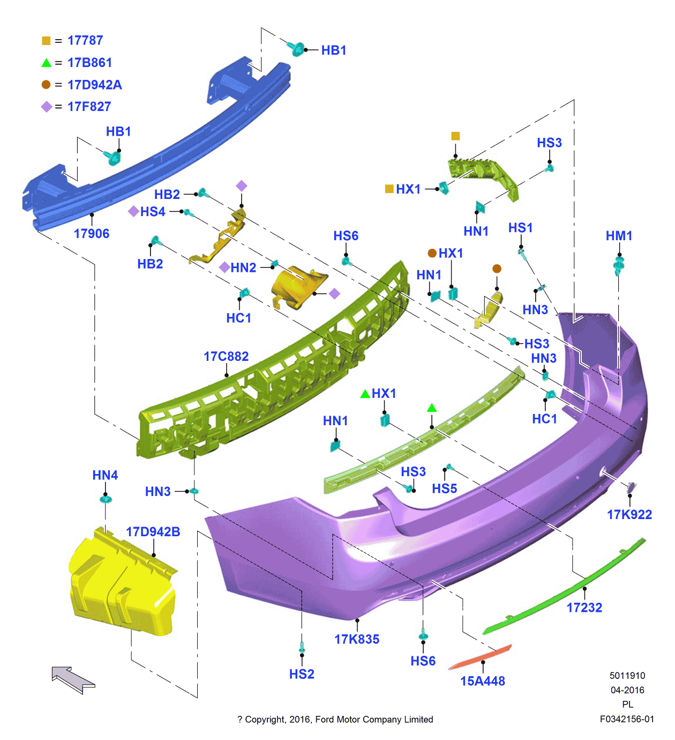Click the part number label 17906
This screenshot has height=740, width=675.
click(x=92, y=234)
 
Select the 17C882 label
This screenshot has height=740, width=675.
click(x=226, y=357)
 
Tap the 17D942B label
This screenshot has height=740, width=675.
click(x=153, y=532)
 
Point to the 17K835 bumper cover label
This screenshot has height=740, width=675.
click(x=357, y=639)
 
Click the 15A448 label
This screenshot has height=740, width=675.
click(x=483, y=681)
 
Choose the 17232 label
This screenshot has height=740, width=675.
click(x=584, y=608)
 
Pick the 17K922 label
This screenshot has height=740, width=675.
click(x=629, y=515)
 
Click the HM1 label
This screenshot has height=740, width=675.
click(x=619, y=236)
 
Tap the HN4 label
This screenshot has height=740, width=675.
click(x=105, y=475)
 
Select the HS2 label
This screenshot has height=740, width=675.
click(x=302, y=674)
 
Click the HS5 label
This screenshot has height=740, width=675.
click(x=445, y=489)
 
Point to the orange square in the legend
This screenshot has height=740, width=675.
click(x=46, y=41)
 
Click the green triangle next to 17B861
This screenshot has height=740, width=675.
click(x=46, y=63)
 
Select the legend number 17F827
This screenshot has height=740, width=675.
click(x=89, y=107)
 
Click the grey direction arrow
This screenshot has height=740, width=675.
click(x=73, y=679)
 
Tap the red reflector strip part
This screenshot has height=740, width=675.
click(x=481, y=657)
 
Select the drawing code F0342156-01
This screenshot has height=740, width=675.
click(x=627, y=719)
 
